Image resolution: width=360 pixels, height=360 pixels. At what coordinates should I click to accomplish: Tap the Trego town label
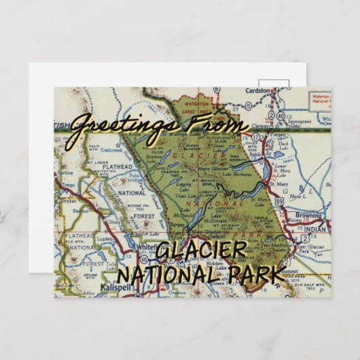(66, 185)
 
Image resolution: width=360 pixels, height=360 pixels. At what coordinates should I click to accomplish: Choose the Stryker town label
(66, 201)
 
